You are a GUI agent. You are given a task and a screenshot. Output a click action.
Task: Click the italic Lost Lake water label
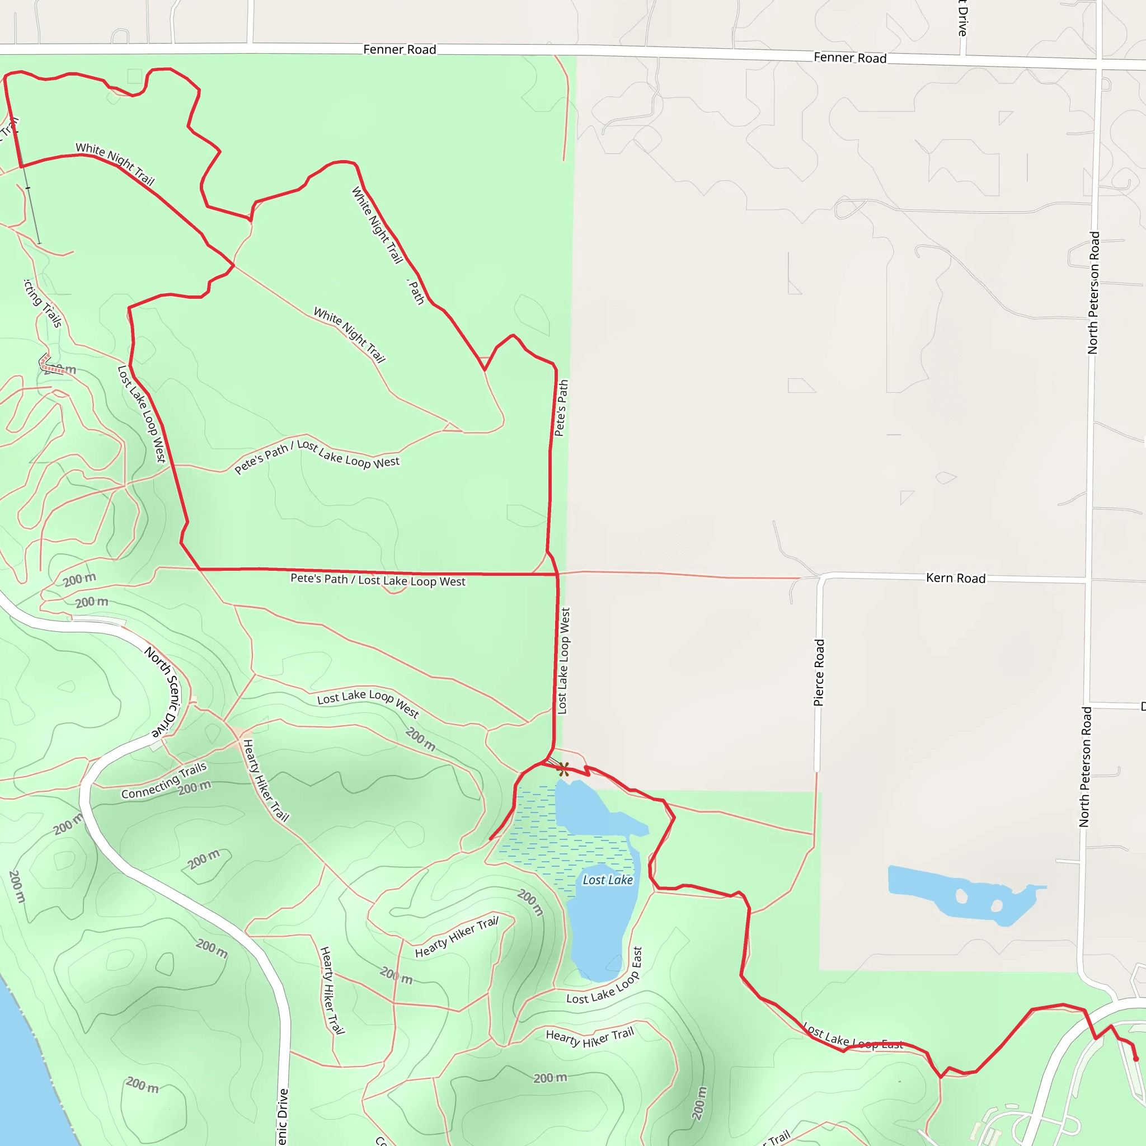point(607,880)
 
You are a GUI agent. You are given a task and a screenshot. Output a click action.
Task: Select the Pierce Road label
point(819,672)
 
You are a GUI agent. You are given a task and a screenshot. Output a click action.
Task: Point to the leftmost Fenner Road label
point(399,50)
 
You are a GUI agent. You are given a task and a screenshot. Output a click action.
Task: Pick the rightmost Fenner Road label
point(850,58)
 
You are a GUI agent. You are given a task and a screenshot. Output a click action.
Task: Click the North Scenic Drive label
point(163,692)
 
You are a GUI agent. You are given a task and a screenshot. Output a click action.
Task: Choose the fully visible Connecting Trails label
point(165,781)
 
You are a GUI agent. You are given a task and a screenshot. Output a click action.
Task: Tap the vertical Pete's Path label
point(561,408)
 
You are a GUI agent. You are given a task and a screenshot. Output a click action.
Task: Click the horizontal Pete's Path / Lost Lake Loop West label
point(378,580)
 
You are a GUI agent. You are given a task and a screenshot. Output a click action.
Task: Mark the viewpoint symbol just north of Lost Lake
point(563,769)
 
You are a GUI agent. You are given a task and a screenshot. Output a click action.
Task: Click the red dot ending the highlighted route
point(1135,1059)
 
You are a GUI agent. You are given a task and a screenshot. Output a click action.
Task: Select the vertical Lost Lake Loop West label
point(563,661)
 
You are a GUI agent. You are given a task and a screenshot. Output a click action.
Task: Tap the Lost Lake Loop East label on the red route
point(852,1037)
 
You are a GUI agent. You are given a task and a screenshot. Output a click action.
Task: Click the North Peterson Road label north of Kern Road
point(1093,293)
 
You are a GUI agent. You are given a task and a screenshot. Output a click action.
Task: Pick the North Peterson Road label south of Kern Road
point(1085,767)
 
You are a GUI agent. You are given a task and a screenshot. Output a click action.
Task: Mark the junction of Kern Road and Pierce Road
point(821,577)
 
